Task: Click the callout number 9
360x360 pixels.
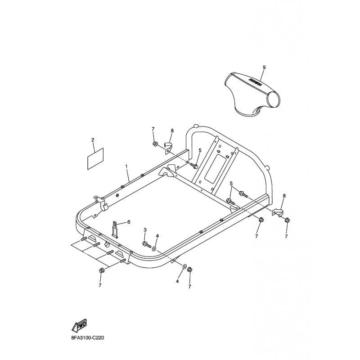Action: (264, 67)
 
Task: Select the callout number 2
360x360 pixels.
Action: (93, 140)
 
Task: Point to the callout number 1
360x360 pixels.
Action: (126, 166)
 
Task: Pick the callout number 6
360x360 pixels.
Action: (128, 222)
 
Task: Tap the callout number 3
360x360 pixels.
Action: (145, 230)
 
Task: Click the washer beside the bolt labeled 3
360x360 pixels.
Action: (154, 247)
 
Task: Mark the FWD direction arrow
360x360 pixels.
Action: (79, 324)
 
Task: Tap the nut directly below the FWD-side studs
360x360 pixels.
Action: (101, 271)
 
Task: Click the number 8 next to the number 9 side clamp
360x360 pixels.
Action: (284, 196)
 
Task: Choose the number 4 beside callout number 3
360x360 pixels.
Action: (157, 236)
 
